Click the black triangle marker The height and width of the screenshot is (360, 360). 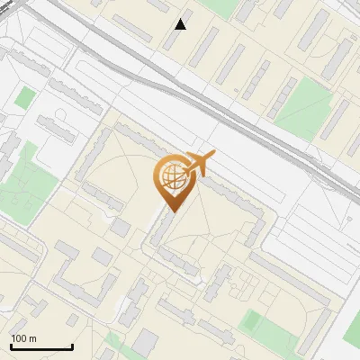(180, 23)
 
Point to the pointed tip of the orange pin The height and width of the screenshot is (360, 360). (171, 211)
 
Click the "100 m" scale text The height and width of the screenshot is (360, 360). (23, 338)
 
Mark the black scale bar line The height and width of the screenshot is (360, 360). (41, 346)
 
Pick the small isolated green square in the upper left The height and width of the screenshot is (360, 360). (25, 97)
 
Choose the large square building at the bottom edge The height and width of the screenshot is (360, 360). (146, 343)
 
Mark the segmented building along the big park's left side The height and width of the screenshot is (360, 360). (282, 96)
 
